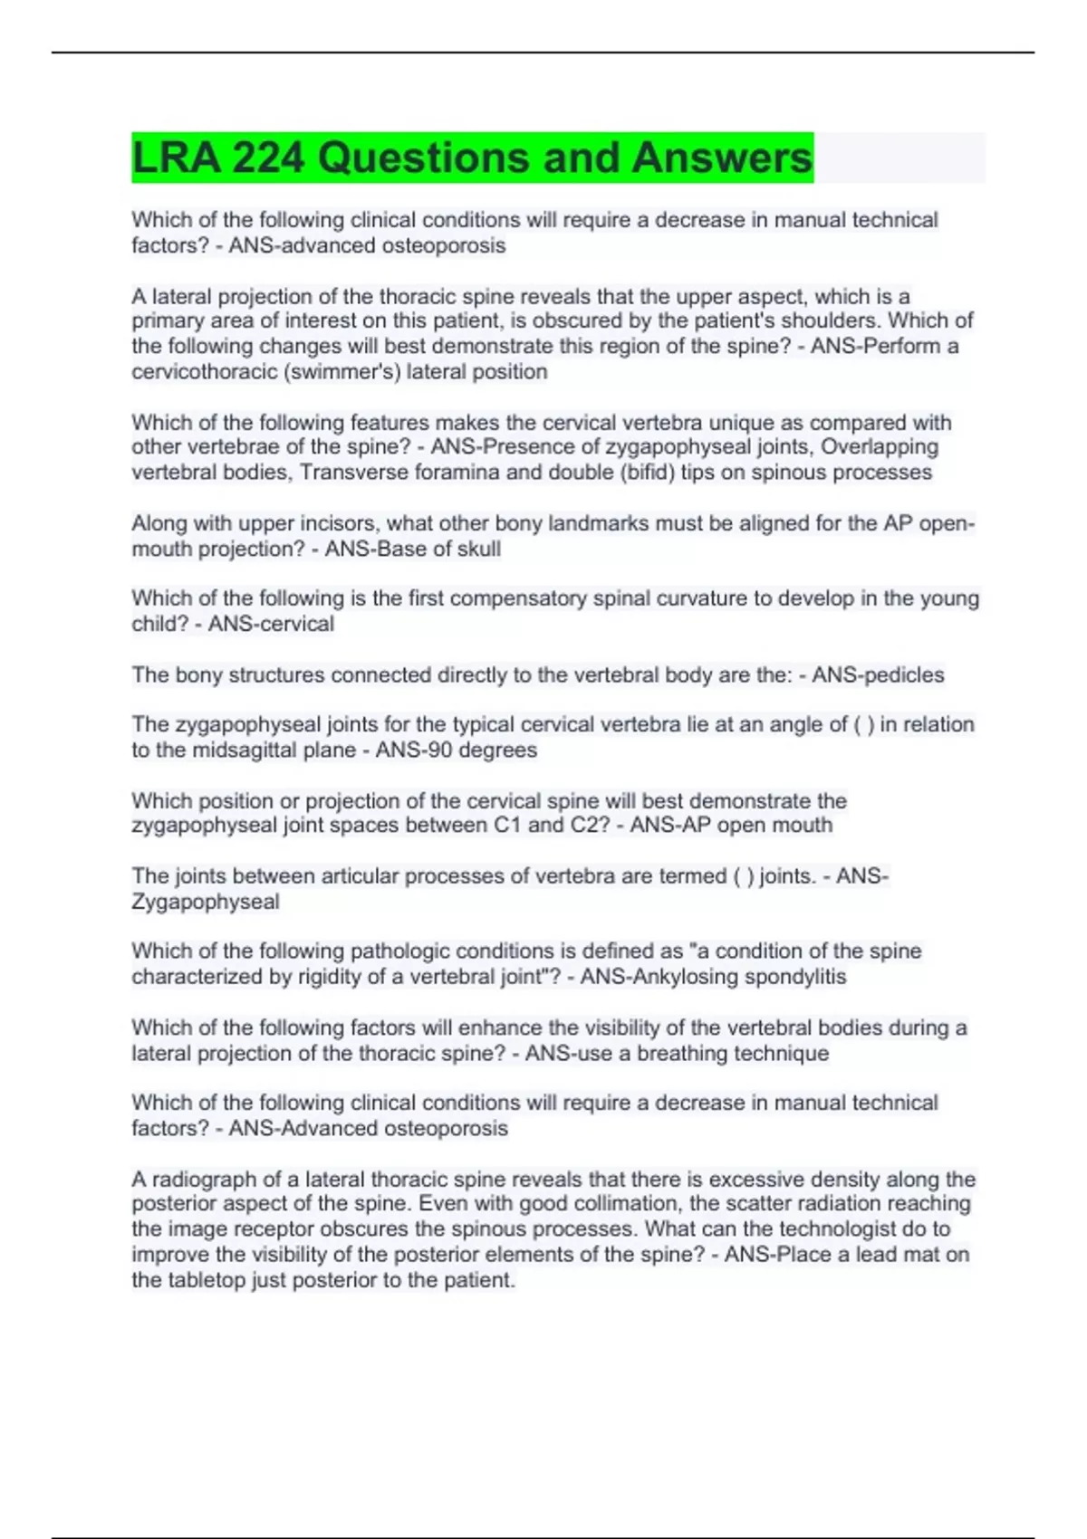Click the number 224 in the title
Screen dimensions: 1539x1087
[x=267, y=158]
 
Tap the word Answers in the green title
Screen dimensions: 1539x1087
[x=722, y=158]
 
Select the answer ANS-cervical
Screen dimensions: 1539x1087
[x=271, y=624]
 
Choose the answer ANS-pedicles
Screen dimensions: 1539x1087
[x=878, y=675]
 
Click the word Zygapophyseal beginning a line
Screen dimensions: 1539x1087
[x=206, y=902]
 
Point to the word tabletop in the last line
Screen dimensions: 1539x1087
[x=209, y=1280]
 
